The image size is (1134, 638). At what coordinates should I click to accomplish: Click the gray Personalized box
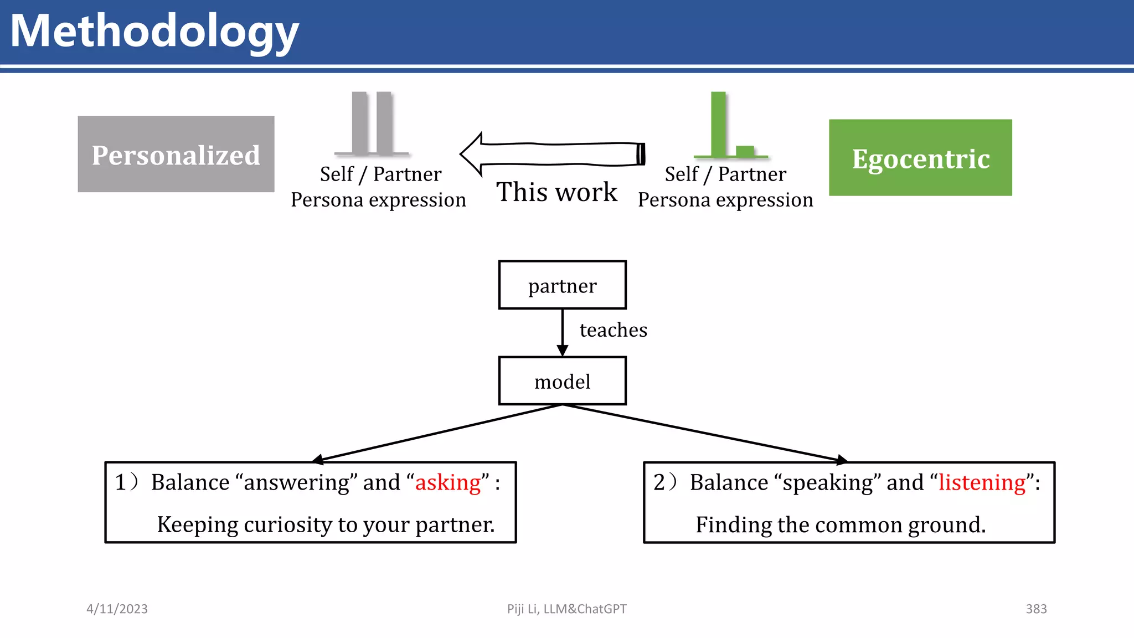[x=176, y=155]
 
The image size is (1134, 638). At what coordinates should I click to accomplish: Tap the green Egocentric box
[x=920, y=158]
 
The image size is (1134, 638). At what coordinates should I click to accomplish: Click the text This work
[x=556, y=192]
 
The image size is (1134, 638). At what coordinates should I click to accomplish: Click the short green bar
[x=745, y=151]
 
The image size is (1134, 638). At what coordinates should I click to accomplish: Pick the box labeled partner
[x=562, y=285]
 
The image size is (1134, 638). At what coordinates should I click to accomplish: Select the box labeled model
[x=562, y=381]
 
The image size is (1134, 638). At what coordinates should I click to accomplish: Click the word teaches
[x=613, y=330]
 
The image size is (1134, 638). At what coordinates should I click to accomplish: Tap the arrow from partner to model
[x=563, y=332]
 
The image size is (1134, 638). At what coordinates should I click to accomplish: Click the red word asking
[x=448, y=482]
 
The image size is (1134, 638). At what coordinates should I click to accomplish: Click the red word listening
[x=982, y=482]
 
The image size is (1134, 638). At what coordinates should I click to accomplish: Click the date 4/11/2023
[x=117, y=609]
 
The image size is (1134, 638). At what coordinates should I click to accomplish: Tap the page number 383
[x=1036, y=609]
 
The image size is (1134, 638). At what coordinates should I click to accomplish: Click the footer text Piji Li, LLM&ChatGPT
[x=566, y=609]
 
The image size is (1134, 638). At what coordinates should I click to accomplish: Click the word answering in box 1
[x=297, y=482]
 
